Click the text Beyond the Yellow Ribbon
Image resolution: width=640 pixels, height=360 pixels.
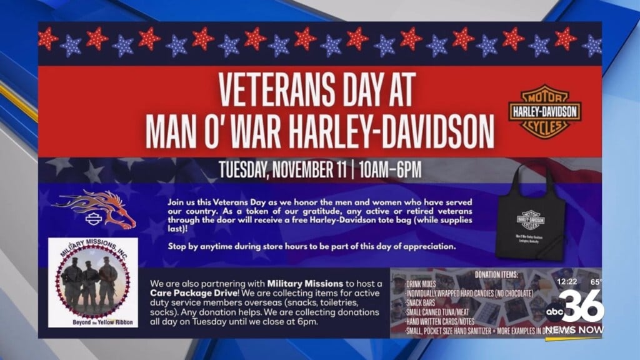click(92, 320)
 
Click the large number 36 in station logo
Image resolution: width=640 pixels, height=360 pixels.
click(584, 306)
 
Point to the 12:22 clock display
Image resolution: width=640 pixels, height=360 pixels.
click(567, 282)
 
